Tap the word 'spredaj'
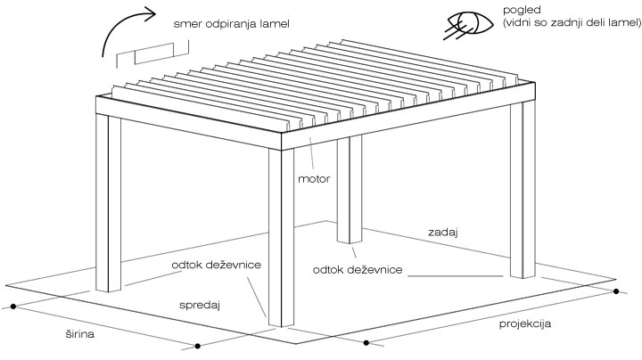click(x=202, y=305)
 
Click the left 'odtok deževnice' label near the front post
click(x=218, y=266)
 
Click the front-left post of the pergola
click(x=108, y=205)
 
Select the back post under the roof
click(x=350, y=192)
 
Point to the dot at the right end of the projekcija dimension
click(x=616, y=291)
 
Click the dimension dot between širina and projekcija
click(x=366, y=341)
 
